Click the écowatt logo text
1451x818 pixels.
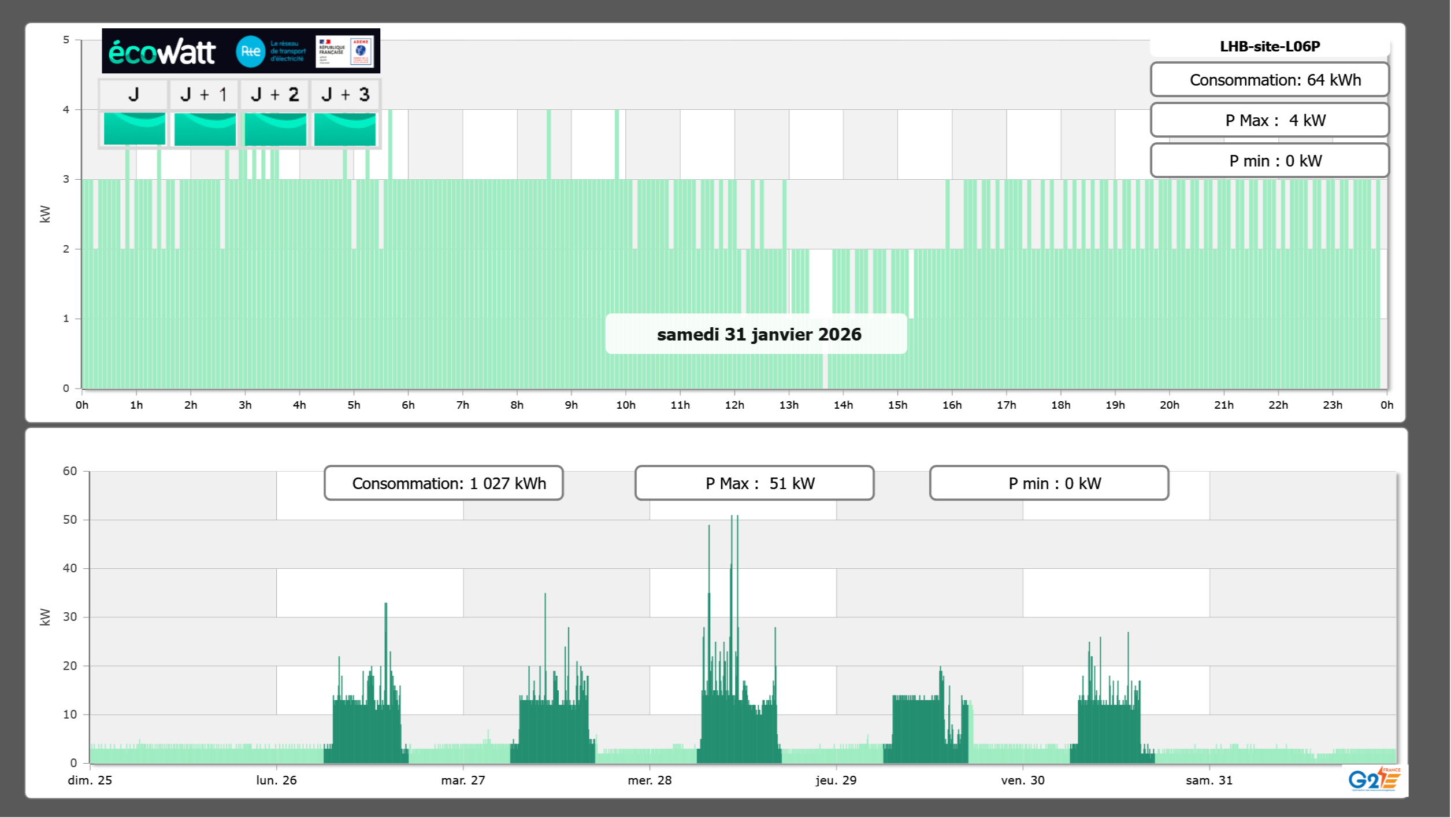(x=162, y=52)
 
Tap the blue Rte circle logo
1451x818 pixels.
(x=250, y=51)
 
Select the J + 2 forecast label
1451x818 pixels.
(x=275, y=94)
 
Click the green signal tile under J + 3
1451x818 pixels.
(x=345, y=129)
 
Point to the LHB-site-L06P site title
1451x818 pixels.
(x=1270, y=46)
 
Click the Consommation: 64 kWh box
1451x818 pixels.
(x=1270, y=80)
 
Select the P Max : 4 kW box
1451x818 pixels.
(x=1270, y=120)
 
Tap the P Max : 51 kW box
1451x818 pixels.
(x=754, y=483)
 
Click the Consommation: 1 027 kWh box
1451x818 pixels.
(x=444, y=483)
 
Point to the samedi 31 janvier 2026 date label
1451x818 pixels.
(x=759, y=334)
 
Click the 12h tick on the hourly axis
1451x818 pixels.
(x=734, y=405)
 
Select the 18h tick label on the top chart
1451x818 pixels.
(x=1060, y=405)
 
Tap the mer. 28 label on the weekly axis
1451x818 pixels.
(x=650, y=780)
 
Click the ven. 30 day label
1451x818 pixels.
(x=1023, y=780)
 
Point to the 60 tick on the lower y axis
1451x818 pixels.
(x=70, y=471)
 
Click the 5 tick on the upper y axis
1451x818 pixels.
(x=66, y=40)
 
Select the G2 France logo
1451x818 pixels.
(x=1374, y=779)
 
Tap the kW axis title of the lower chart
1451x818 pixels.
(x=45, y=617)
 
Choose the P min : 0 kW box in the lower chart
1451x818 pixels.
(x=1049, y=483)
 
